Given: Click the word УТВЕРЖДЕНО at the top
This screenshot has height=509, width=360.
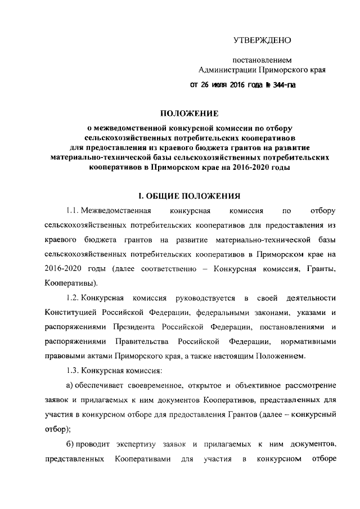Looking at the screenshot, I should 263,40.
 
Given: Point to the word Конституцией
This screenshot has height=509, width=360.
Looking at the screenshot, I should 73,312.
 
